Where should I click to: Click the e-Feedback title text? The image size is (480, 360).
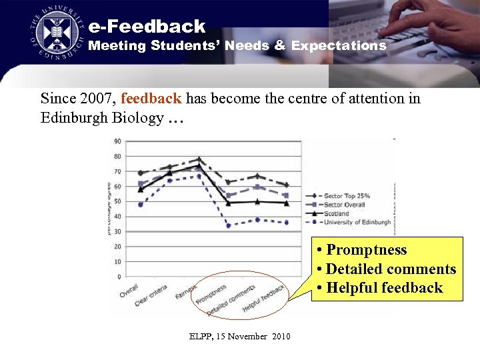tap(147, 27)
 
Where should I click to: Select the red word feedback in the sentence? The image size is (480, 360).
tap(151, 99)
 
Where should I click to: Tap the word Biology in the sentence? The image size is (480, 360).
tap(138, 119)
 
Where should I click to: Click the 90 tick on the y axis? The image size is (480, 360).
tap(117, 141)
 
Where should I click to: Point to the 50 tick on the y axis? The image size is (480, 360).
tap(117, 201)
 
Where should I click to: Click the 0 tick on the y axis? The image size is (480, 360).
tap(119, 277)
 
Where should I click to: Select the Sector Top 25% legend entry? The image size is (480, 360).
tap(346, 196)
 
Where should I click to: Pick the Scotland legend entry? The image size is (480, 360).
tap(336, 214)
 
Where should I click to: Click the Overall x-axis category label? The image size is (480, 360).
tap(129, 291)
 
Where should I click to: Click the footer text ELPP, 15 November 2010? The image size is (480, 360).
tap(239, 337)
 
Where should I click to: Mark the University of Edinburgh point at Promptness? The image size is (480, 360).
tap(228, 225)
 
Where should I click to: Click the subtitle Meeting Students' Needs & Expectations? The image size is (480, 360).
tap(237, 46)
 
